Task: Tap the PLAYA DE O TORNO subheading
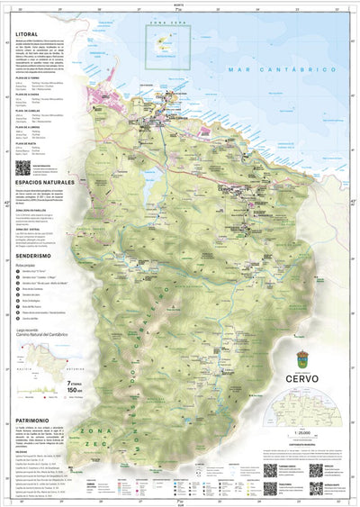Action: [31, 78]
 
